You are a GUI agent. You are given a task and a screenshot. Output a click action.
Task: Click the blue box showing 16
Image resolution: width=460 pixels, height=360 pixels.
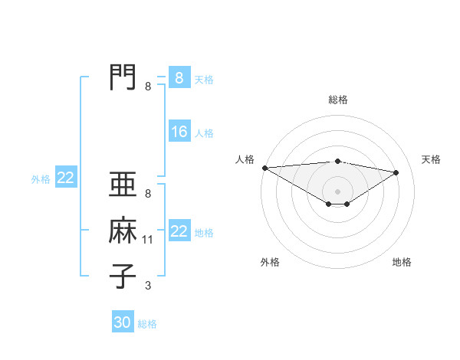click(x=179, y=132)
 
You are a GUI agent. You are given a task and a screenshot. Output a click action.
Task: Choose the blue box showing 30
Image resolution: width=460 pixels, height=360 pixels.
click(x=123, y=322)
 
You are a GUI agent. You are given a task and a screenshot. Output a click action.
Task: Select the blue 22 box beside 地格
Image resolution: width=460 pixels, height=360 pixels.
click(x=179, y=231)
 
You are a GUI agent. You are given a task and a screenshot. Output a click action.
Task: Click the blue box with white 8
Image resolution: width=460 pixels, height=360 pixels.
click(x=179, y=77)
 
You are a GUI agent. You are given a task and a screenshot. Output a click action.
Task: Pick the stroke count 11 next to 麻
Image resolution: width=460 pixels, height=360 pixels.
click(x=148, y=241)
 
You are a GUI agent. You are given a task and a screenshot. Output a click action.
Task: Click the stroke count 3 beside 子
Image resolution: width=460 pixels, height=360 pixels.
click(x=148, y=286)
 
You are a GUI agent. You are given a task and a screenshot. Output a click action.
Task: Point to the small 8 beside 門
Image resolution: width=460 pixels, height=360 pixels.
click(x=148, y=87)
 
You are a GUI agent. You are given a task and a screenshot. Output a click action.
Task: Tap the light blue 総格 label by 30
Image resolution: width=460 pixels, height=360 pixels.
click(x=148, y=324)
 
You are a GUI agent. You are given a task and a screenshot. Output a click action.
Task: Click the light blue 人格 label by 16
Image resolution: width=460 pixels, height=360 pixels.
click(x=204, y=133)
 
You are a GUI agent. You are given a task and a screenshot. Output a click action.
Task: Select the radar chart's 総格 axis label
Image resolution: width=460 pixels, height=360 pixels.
click(x=337, y=100)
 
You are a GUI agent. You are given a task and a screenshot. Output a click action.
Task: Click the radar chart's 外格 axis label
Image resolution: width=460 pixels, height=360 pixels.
click(x=270, y=262)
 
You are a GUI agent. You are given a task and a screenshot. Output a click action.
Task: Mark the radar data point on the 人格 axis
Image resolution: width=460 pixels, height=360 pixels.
click(x=264, y=168)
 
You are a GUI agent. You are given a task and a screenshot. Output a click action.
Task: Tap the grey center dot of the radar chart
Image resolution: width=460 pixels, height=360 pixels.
click(x=337, y=190)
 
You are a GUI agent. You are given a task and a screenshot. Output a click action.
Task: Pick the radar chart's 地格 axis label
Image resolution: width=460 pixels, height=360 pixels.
click(x=402, y=262)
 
